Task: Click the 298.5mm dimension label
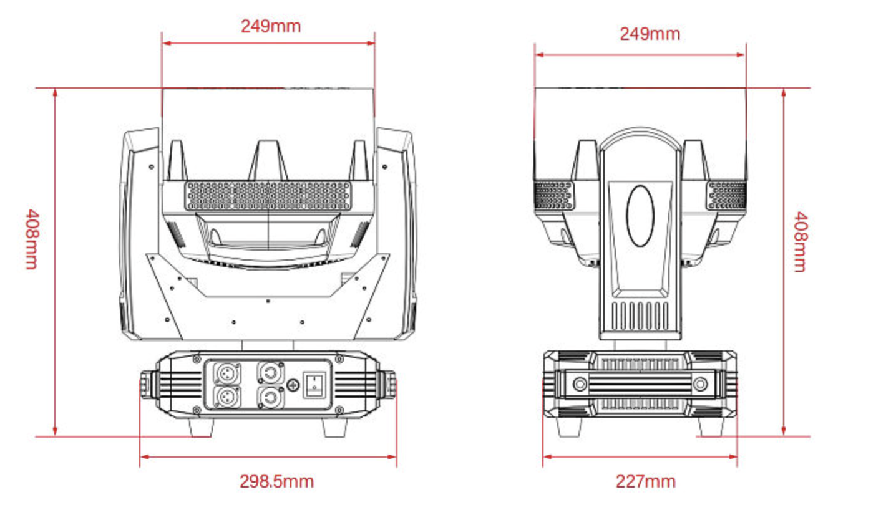click(276, 481)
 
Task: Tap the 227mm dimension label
click(645, 481)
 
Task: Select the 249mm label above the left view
click(270, 26)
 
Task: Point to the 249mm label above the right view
click(649, 34)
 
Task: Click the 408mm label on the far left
click(31, 239)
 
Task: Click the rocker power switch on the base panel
click(313, 384)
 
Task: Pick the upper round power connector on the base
click(269, 373)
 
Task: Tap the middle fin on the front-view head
click(268, 160)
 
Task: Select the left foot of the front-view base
click(202, 427)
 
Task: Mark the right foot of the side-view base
click(710, 427)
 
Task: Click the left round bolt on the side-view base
click(580, 383)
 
